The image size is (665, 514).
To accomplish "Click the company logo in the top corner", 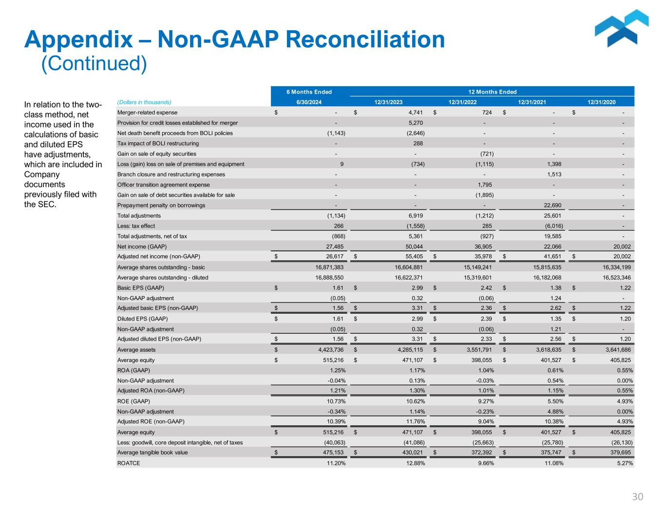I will [x=622, y=30].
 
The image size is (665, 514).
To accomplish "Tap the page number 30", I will [x=637, y=497].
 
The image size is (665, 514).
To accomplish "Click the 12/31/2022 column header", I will [x=463, y=102].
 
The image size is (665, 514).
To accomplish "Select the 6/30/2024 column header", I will [x=309, y=102].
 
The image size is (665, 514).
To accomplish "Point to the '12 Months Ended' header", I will [x=492, y=92].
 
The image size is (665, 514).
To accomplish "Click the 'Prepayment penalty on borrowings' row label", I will [x=161, y=206].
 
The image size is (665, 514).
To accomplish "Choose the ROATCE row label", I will [x=129, y=463].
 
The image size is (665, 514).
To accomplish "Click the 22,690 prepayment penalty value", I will [x=552, y=206].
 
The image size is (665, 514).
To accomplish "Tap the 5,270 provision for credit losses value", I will [x=415, y=123].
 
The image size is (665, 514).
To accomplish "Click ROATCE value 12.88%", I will [x=415, y=463].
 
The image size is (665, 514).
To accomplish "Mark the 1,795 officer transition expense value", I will [x=486, y=185].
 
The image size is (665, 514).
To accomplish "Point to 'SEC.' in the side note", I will [x=40, y=205].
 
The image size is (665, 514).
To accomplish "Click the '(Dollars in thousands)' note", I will [x=144, y=102].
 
